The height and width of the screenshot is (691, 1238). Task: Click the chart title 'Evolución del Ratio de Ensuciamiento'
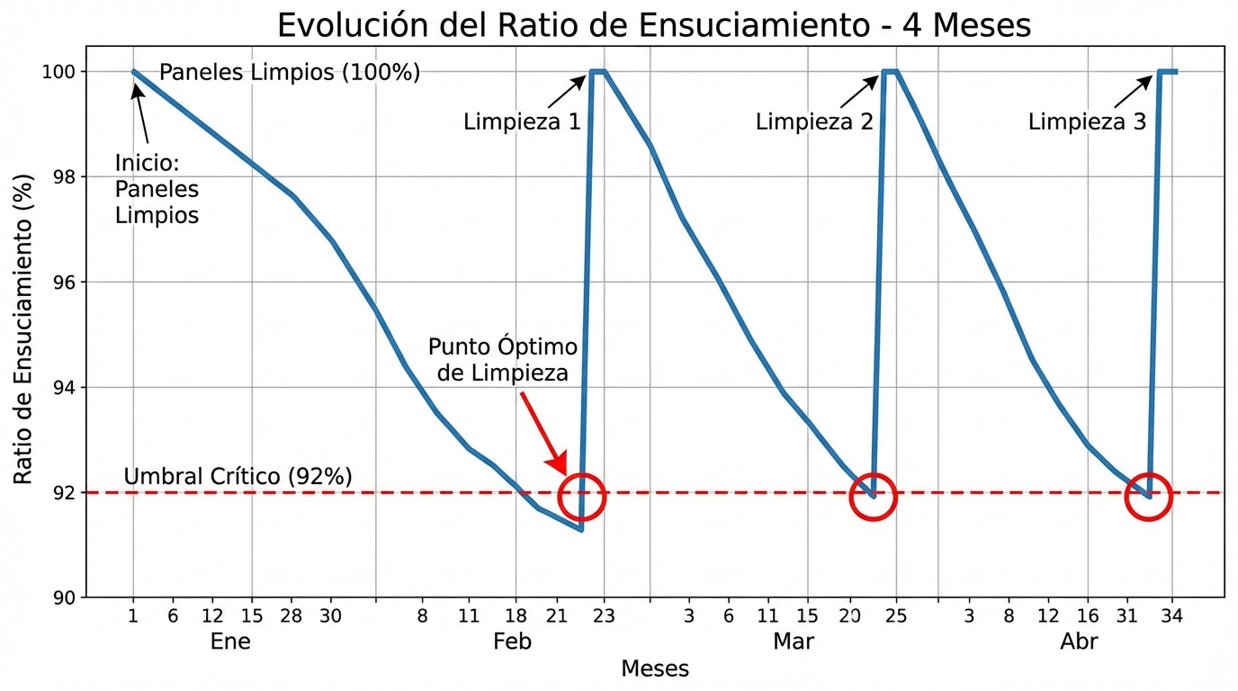pos(653,24)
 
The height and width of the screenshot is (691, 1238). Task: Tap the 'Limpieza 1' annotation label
pos(522,121)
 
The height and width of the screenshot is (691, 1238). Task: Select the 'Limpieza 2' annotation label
pos(814,121)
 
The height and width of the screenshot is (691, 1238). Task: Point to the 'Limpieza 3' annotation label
pos(1087,121)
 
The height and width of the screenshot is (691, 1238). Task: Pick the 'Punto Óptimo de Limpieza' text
pos(502,360)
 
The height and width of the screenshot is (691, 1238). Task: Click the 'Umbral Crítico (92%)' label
pos(238,477)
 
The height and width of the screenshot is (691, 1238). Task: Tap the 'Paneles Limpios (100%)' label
pos(290,73)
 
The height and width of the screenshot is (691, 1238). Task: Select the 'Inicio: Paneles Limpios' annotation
pos(157,190)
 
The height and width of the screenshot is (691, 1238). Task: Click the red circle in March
pos(873,496)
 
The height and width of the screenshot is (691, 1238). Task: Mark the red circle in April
pos(1148,496)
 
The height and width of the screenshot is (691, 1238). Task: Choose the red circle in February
pos(581,496)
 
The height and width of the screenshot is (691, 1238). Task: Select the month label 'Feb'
pos(512,642)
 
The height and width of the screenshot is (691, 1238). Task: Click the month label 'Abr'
pos(1079,642)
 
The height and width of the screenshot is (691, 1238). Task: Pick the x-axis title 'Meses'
pos(655,669)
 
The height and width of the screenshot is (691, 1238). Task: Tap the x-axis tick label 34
pos(1171,617)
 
